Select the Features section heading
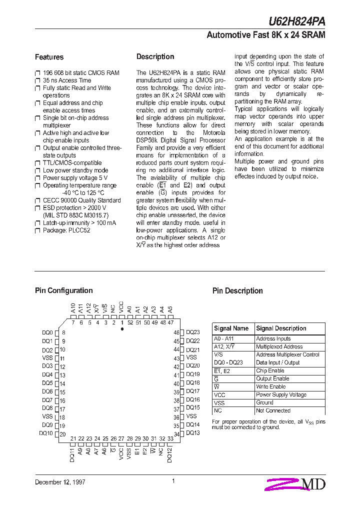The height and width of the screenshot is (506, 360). pos(49,57)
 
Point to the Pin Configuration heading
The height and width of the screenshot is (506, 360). pos(63,290)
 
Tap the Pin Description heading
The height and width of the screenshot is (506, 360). pos(237,291)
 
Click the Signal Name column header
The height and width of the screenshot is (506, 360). pos(231,328)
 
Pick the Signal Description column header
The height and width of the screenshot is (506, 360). pos(281,328)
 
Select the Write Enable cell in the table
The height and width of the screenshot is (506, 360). pos(271,386)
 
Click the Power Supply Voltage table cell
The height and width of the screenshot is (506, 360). pos(281,394)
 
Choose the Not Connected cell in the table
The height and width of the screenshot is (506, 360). pos(273,410)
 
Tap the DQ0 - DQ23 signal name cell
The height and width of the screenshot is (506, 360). pos(228,362)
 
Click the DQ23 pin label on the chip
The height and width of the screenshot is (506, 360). pos(192,332)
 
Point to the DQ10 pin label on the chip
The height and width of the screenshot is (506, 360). pos(46,433)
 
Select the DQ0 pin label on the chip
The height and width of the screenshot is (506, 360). pos(47,332)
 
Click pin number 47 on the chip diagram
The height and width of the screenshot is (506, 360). pos(170,322)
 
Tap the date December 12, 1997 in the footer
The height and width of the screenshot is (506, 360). pos(60,482)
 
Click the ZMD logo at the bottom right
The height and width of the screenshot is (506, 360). pos(296,483)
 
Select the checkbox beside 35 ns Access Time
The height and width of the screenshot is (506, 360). pos(37,80)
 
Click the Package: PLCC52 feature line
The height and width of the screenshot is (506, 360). pos(66,230)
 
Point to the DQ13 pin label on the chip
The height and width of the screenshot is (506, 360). pos(192,433)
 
